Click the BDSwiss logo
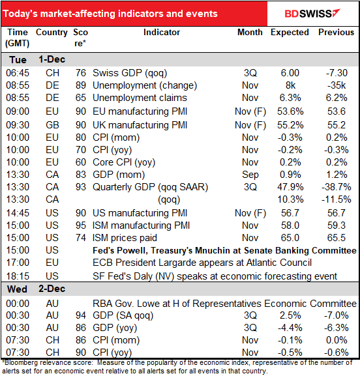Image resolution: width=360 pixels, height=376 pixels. coord(312,14)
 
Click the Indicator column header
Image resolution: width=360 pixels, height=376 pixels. coord(162,32)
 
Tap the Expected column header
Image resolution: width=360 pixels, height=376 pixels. coord(290,33)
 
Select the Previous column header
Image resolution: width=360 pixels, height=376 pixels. coord(337,32)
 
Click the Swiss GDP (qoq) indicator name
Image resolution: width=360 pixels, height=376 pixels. coord(130,73)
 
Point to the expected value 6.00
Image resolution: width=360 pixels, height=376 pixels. coord(290,73)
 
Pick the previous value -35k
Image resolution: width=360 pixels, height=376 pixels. coord(337,85)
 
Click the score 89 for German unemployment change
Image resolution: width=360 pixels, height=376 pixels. coord(81,85)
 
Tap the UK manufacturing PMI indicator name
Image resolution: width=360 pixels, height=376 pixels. coord(140,125)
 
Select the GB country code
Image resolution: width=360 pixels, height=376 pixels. coord(52,125)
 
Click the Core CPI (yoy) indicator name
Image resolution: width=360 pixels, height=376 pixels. coord(124,162)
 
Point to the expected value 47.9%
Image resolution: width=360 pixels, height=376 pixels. coord(290,187)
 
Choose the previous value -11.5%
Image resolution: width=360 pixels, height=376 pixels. coord(337,199)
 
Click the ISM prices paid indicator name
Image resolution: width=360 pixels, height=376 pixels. coord(125,238)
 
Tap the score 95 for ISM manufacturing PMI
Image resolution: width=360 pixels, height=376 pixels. coord(81,225)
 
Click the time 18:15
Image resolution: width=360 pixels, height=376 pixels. coord(18,276)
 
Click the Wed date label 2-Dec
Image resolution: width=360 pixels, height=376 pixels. coord(52,289)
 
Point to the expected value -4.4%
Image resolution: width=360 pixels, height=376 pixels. coord(290,328)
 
